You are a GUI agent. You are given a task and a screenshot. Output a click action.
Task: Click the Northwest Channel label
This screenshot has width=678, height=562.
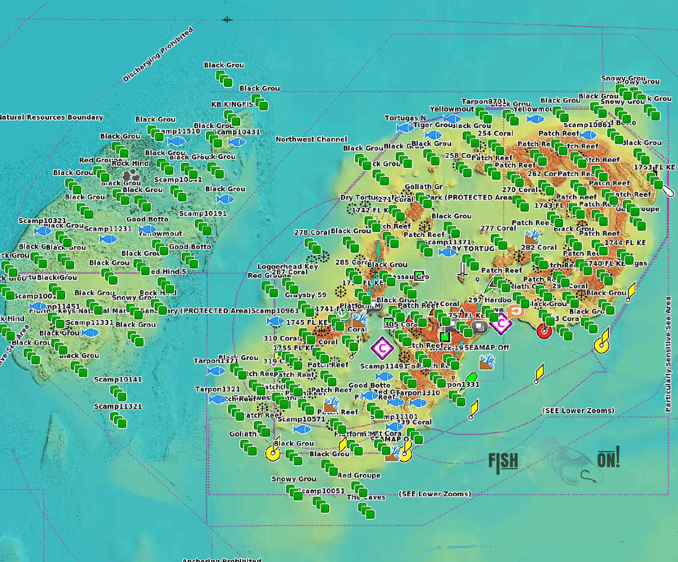(311, 139)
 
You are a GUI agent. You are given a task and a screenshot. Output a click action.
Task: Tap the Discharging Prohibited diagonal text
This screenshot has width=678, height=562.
(158, 54)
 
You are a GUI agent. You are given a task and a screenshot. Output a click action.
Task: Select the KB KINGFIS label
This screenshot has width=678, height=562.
(232, 104)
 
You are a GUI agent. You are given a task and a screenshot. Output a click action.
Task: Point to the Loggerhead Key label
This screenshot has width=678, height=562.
(288, 266)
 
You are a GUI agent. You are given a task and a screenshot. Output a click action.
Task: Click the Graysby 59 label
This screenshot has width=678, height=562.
(305, 295)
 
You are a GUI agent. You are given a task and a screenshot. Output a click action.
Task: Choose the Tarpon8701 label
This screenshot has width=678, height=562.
(484, 101)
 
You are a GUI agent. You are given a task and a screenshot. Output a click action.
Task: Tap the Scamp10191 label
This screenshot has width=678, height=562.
(203, 213)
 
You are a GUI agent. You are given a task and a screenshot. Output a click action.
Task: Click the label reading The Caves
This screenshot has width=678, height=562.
(366, 497)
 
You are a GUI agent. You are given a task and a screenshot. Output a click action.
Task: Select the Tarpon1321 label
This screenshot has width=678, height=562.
(217, 389)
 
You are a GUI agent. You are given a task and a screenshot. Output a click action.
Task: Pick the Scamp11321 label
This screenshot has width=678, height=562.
(118, 406)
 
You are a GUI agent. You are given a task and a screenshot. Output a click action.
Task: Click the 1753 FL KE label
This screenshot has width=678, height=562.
(655, 167)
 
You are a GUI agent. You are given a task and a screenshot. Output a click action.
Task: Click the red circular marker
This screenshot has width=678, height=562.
(544, 331)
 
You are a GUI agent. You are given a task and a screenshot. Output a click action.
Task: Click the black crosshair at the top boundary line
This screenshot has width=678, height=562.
(227, 20)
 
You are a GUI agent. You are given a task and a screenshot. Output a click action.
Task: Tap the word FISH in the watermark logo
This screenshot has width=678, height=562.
(503, 462)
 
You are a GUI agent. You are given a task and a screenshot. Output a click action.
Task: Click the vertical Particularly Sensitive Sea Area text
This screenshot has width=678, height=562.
(668, 354)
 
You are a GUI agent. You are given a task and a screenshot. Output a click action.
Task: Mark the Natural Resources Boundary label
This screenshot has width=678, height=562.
(51, 117)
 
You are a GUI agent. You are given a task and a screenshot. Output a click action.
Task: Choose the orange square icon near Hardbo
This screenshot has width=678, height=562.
(516, 311)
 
